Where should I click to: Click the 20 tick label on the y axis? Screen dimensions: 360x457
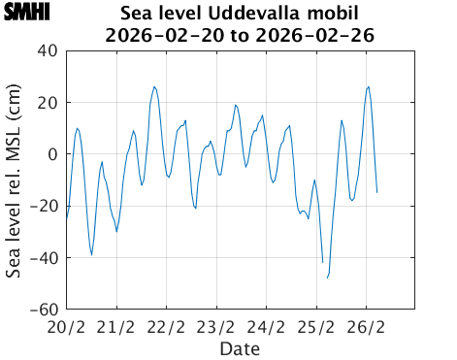pos(47,103)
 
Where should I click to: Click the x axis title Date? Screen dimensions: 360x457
pos(240,347)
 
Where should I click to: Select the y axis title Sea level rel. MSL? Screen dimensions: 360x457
pos(16,180)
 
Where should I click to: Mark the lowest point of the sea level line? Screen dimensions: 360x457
pos(327,278)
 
